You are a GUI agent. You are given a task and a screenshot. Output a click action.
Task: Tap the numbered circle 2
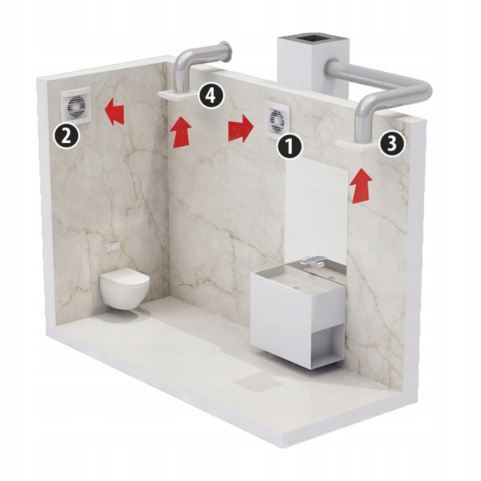pos(66,136)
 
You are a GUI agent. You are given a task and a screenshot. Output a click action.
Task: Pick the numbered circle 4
pos(211,96)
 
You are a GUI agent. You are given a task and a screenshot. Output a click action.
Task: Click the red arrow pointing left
pos(114,112)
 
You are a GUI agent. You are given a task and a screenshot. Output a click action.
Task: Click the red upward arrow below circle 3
pos(361,186)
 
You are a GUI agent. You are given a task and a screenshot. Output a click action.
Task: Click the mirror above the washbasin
pos(317,211)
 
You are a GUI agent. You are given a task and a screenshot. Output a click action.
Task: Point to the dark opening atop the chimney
pos(313,39)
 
